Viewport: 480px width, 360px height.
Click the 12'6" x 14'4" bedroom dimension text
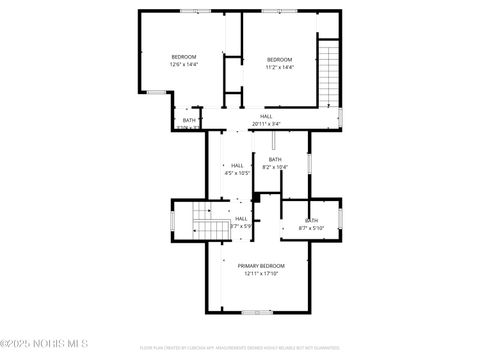click(x=183, y=65)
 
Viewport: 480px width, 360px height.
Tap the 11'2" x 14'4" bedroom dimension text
click(x=280, y=68)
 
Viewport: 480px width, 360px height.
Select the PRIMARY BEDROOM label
click(x=261, y=265)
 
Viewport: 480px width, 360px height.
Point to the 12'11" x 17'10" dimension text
click(x=261, y=273)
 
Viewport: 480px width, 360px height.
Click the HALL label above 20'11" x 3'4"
click(x=266, y=116)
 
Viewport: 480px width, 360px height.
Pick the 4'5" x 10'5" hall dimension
click(x=237, y=173)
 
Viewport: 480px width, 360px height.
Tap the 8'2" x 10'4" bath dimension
click(x=274, y=167)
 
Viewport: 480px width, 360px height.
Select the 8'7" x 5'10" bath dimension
click(x=311, y=228)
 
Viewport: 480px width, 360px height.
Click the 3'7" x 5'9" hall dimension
click(x=241, y=226)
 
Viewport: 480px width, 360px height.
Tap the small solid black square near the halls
click(x=256, y=198)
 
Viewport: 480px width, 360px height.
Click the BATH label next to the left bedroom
click(x=189, y=120)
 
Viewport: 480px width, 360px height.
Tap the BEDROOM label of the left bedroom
click(x=183, y=56)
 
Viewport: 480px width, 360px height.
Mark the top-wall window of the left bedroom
click(x=187, y=11)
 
